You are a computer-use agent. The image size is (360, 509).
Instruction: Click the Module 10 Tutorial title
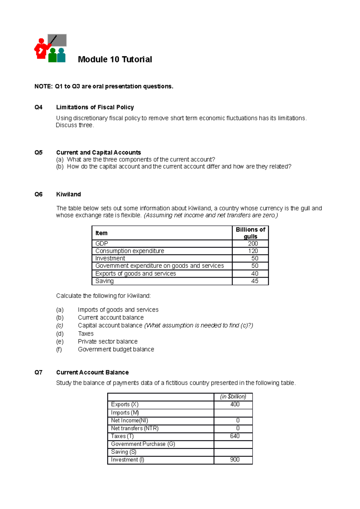pyautogui.click(x=115, y=59)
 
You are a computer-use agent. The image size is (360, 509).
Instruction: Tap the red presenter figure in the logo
pyautogui.click(x=41, y=49)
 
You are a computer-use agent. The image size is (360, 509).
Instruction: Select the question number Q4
pyautogui.click(x=38, y=107)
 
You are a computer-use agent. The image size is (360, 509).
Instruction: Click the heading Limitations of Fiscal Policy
pyautogui.click(x=95, y=107)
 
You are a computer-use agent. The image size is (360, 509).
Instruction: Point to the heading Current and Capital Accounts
pyautogui.click(x=98, y=152)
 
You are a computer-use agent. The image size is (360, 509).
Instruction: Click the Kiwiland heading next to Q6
pyautogui.click(x=68, y=194)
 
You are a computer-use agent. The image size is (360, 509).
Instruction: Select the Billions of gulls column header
pyautogui.click(x=250, y=233)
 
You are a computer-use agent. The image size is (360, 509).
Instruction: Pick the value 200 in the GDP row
pyautogui.click(x=253, y=243)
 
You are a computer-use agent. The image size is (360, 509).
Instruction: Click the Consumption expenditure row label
pyautogui.click(x=130, y=251)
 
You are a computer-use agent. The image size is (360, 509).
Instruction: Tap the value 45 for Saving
pyautogui.click(x=254, y=281)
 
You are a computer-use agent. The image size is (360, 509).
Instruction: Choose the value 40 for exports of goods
pyautogui.click(x=254, y=273)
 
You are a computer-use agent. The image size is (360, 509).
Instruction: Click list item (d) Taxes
pyautogui.click(x=85, y=334)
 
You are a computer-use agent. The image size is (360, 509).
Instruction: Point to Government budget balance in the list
pyautogui.click(x=116, y=349)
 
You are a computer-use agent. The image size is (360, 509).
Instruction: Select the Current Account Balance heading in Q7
pyautogui.click(x=92, y=372)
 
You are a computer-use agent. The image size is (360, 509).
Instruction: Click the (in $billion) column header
pyautogui.click(x=233, y=397)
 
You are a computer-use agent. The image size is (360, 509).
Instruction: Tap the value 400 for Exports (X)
pyautogui.click(x=235, y=404)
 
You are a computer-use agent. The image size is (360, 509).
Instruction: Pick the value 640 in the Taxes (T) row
pyautogui.click(x=235, y=436)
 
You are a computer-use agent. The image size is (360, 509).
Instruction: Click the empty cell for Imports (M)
pyautogui.click(x=233, y=413)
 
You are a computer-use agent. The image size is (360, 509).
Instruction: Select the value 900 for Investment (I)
pyautogui.click(x=235, y=460)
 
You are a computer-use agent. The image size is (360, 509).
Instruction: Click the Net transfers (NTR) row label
pyautogui.click(x=135, y=428)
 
